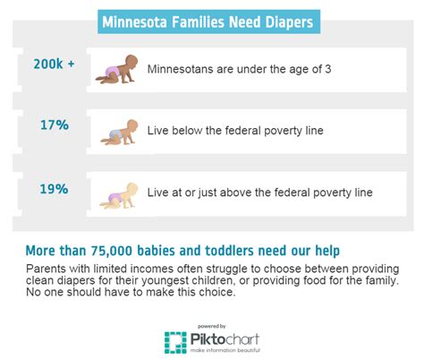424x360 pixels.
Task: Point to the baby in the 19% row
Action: tap(121, 193)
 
